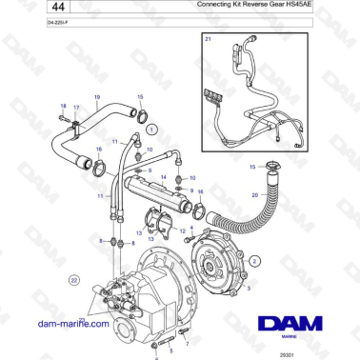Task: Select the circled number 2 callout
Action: tap(254, 260)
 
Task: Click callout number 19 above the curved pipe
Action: tap(96, 98)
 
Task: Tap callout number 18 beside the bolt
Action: tap(63, 107)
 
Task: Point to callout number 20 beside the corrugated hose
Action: tap(255, 196)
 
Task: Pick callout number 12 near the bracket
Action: tap(183, 230)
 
